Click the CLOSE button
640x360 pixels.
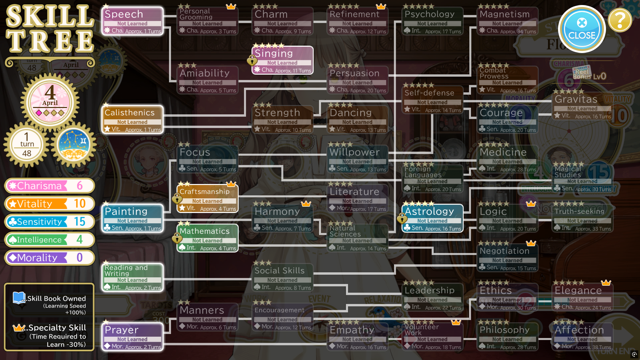582,29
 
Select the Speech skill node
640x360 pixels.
132,21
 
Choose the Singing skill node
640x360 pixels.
282,60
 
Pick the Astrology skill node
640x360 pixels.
432,218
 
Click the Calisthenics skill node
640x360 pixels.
132,120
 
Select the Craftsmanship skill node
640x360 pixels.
207,199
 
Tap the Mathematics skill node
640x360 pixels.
207,238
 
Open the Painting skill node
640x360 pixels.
132,218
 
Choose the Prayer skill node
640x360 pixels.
132,337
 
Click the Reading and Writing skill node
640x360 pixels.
132,277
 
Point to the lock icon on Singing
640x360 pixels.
252,61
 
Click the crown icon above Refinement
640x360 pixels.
381,6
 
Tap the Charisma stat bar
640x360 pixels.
50,186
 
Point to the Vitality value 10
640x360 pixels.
80,204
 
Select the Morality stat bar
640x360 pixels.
50,258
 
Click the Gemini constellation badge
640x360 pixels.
74,145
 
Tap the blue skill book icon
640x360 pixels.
19,298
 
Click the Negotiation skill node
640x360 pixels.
507,258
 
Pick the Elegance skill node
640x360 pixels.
582,297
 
